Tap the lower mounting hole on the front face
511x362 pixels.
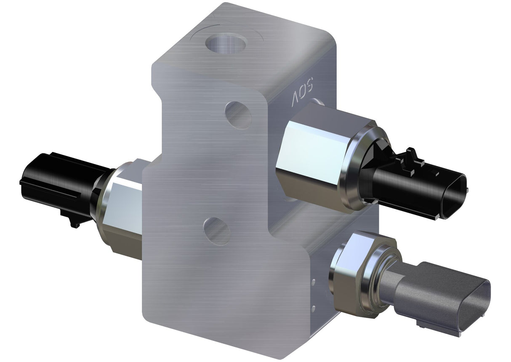[217, 230]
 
